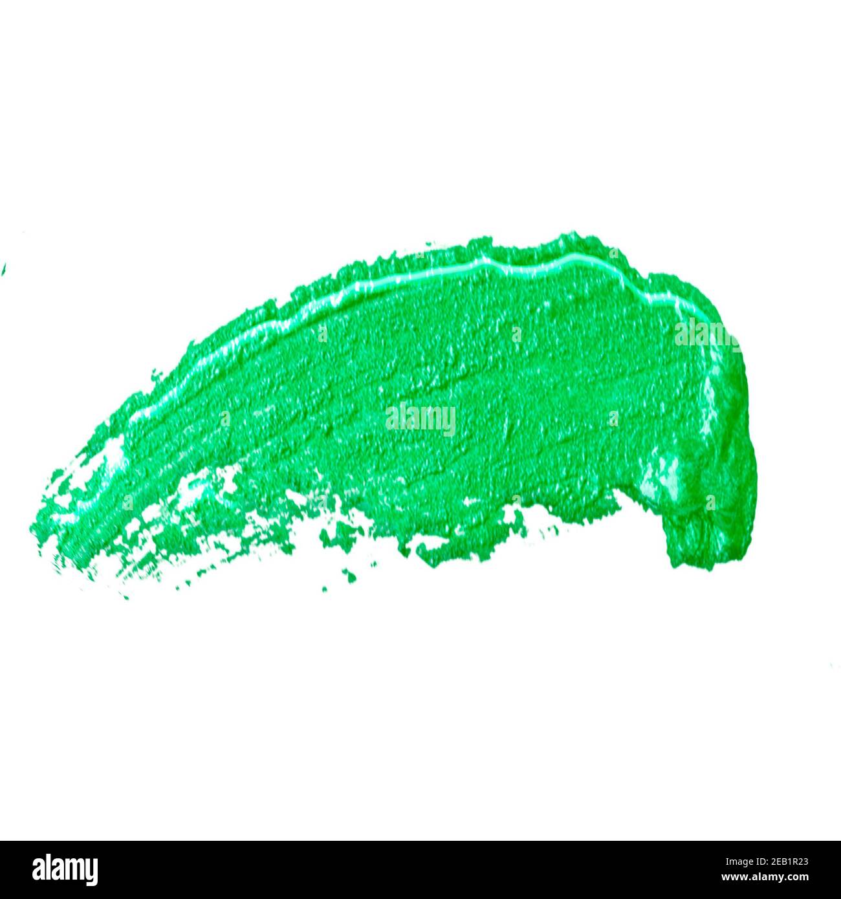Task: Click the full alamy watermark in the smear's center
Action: click(x=420, y=419)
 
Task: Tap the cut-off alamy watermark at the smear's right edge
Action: click(x=706, y=333)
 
